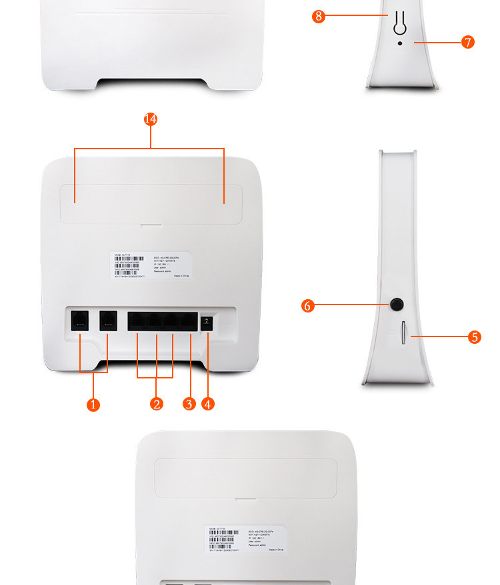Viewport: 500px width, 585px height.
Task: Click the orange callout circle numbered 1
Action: [x=93, y=404]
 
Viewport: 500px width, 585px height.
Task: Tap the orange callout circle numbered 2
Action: [x=157, y=404]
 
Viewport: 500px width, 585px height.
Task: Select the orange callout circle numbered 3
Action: [x=189, y=404]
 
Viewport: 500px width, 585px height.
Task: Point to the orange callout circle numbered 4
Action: [x=208, y=404]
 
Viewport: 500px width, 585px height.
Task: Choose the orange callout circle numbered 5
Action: [x=475, y=337]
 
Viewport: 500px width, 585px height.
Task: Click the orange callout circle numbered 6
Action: [x=307, y=305]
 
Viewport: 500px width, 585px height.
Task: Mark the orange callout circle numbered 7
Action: [x=468, y=43]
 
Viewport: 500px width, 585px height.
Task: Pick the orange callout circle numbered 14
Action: [x=151, y=119]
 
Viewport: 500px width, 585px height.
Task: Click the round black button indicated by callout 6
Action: [x=397, y=305]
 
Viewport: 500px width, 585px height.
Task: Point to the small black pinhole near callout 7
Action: [x=400, y=43]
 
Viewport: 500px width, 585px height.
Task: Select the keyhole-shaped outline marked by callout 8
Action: [x=400, y=21]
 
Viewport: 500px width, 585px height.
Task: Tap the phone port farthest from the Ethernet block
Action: [x=80, y=320]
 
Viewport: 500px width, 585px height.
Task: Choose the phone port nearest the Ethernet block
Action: [x=108, y=320]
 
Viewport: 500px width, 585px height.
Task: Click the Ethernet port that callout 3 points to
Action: [x=190, y=321]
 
